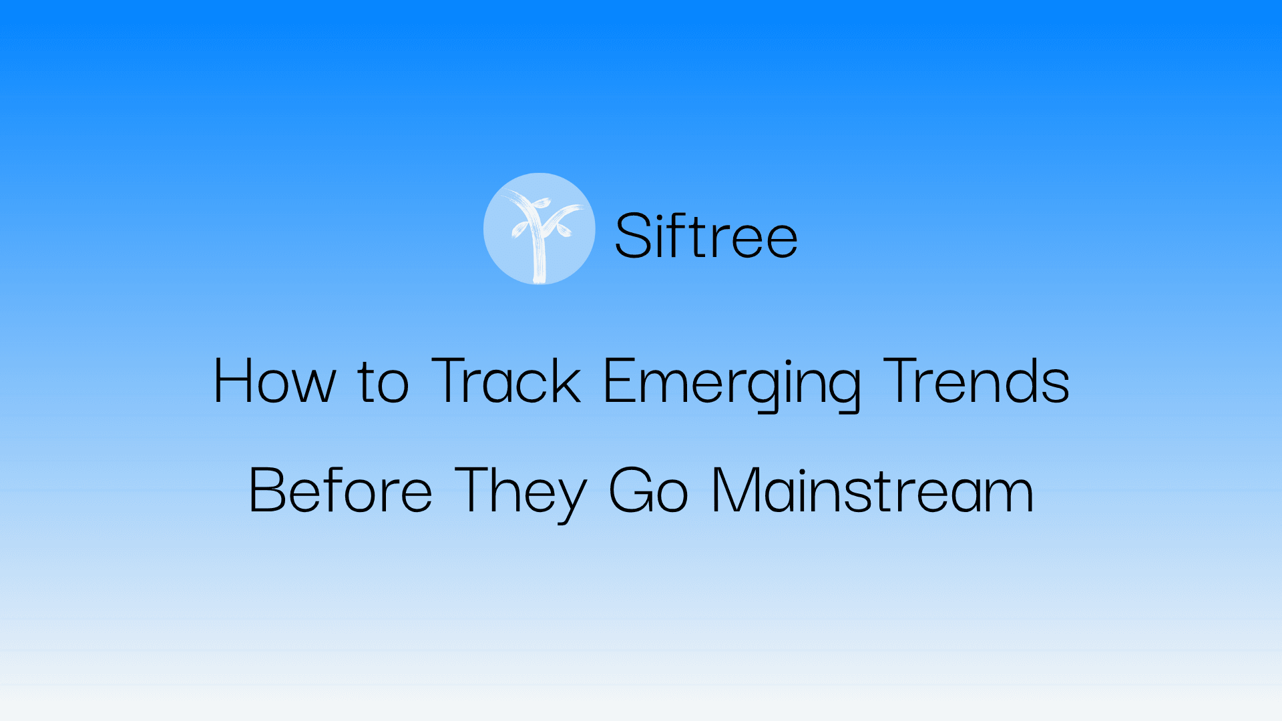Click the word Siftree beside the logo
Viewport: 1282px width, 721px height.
point(706,235)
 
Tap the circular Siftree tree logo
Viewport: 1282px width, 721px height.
point(539,229)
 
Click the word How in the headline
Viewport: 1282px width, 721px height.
point(274,381)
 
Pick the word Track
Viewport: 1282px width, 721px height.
point(506,381)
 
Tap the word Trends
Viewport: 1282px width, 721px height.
point(976,381)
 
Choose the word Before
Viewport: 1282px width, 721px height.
point(341,491)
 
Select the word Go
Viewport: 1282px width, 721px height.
point(648,491)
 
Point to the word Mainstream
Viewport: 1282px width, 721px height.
point(873,491)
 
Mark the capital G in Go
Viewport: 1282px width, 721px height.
point(630,491)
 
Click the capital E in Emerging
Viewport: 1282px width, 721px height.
point(618,381)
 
